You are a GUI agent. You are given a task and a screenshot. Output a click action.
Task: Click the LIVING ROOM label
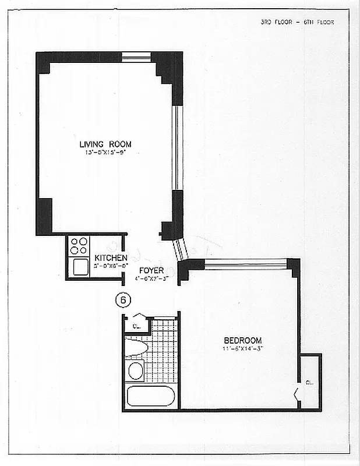tap(105, 144)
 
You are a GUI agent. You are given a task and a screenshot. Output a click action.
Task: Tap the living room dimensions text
tap(105, 153)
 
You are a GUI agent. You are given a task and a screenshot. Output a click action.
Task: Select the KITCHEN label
tap(111, 258)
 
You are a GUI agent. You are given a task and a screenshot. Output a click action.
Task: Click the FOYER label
tap(150, 271)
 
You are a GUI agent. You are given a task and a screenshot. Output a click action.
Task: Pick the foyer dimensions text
tap(151, 278)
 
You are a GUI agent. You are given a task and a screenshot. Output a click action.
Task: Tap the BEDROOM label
tap(243, 340)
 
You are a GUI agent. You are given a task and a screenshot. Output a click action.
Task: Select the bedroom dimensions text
tap(243, 348)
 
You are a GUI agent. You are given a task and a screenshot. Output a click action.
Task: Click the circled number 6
tap(123, 300)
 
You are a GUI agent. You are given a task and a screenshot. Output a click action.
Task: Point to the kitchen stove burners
tap(79, 246)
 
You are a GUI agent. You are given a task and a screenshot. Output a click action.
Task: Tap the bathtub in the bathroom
tap(150, 397)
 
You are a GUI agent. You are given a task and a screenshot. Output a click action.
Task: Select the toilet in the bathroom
tap(135, 348)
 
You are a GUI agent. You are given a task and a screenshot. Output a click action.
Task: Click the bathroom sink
tap(135, 370)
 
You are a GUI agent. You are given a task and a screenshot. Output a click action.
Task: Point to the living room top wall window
tap(136, 57)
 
